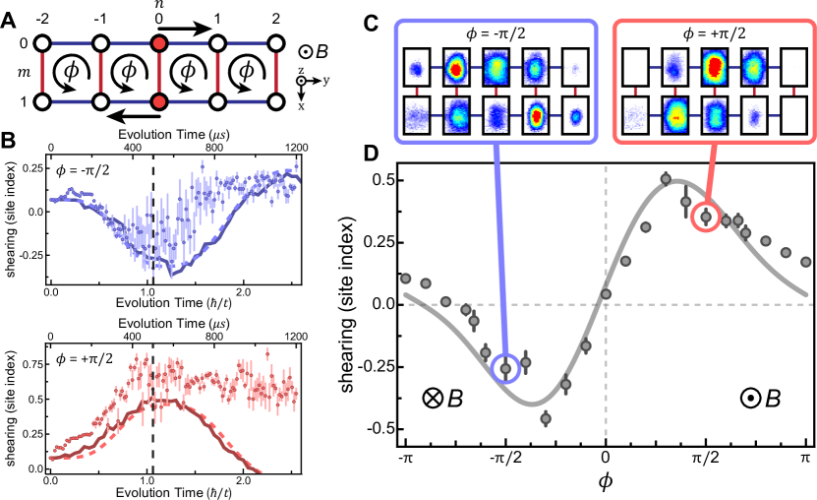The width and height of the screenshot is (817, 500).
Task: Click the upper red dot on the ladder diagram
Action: pos(159,43)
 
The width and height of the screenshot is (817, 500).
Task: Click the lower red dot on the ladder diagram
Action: pos(159,101)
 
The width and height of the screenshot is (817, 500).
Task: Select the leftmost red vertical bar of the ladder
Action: pos(42,72)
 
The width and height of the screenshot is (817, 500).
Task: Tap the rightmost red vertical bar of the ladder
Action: pos(276,72)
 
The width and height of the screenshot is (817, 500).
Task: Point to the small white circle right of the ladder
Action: pos(301,82)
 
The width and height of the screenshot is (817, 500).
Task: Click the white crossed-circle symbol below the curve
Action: pos(433,398)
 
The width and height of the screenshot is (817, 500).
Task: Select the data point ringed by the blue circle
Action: pos(505,368)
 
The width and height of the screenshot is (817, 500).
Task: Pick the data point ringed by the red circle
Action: pos(705,217)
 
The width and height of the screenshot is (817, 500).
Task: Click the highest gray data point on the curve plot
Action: pos(666,178)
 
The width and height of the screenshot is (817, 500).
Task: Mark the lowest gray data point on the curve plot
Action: pos(546,418)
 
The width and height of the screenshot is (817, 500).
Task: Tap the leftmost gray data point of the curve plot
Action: pos(405,279)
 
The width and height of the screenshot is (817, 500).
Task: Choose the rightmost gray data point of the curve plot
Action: pos(805,262)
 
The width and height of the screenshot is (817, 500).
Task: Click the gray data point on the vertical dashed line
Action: pos(606,293)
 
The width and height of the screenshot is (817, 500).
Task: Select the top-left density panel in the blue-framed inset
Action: pos(417,69)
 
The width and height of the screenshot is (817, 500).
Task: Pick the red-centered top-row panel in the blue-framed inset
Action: pos(456,69)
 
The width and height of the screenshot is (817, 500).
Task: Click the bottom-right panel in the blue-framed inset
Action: pos(575,115)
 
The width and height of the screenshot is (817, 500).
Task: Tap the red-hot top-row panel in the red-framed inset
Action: pos(714,68)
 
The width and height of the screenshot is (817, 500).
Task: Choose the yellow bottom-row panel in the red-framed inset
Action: pos(674,115)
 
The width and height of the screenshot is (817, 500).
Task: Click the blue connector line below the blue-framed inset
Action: pos(499,246)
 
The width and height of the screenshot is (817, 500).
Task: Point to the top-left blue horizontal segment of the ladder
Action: pos(72,43)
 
